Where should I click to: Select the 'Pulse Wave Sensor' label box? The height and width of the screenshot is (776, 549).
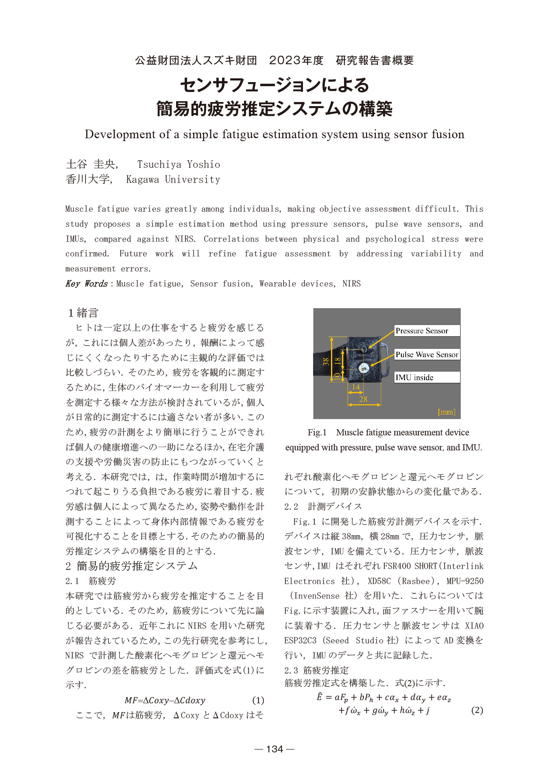[x=427, y=354]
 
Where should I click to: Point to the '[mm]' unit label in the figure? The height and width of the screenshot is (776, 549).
[x=446, y=412]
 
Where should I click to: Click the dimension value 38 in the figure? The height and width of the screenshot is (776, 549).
[x=326, y=361]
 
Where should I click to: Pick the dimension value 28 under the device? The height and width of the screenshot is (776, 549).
[x=363, y=399]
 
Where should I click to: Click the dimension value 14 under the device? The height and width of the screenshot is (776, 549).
[x=356, y=387]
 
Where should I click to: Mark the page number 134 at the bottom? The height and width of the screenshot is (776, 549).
[x=274, y=749]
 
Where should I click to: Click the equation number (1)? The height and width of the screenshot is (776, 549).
[x=258, y=700]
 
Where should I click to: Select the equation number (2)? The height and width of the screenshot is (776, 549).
[x=477, y=710]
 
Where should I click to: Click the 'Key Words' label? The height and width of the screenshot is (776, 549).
[x=86, y=284]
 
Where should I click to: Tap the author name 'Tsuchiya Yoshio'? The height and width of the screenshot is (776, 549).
[x=179, y=165]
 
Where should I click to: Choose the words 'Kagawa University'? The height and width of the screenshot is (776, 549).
[x=173, y=180]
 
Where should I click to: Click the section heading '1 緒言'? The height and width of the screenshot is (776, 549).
[x=83, y=313]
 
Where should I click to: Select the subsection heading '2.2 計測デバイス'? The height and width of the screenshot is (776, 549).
[x=323, y=506]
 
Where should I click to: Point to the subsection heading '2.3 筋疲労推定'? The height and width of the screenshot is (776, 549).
[x=316, y=670]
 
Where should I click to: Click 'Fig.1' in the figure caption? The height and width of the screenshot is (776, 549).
[x=317, y=433]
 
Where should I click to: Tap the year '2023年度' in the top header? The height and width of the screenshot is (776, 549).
[x=296, y=61]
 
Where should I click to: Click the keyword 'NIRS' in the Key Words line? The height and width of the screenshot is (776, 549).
[x=351, y=284]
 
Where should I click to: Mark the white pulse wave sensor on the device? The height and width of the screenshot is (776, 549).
[x=364, y=368]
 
